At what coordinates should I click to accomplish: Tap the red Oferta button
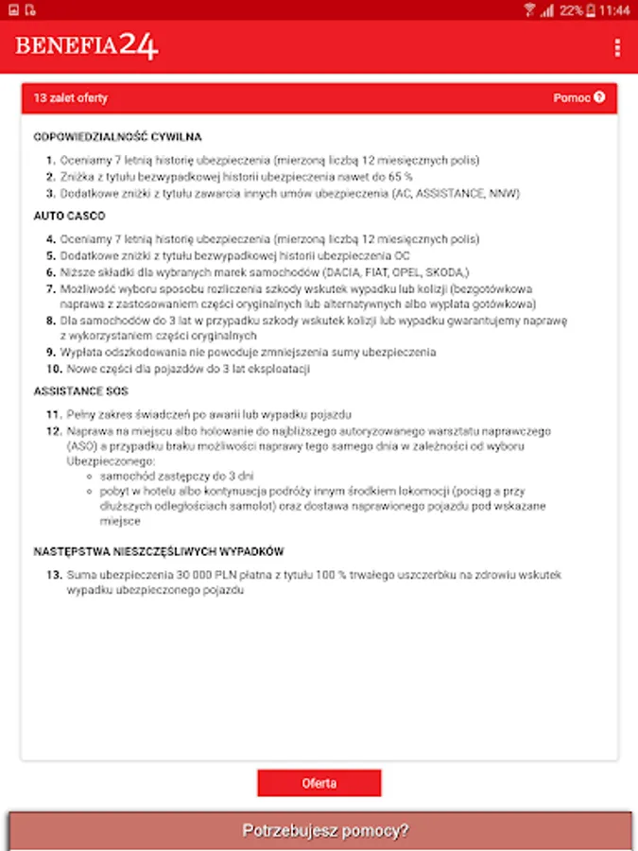point(319,783)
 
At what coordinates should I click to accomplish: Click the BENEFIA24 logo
point(86,46)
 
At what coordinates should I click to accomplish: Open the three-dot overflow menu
point(617,47)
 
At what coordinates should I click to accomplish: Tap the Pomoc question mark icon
point(599,97)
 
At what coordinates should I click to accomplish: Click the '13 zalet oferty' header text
point(71,98)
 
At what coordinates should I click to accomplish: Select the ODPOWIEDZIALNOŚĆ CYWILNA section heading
point(117,137)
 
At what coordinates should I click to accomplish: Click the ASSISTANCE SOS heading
point(80,391)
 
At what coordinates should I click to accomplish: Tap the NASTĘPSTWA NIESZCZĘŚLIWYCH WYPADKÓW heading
point(159,551)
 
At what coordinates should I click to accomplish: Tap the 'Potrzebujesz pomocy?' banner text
point(325,831)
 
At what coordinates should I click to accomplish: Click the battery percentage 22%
point(571,10)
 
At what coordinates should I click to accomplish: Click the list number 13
point(53,575)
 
